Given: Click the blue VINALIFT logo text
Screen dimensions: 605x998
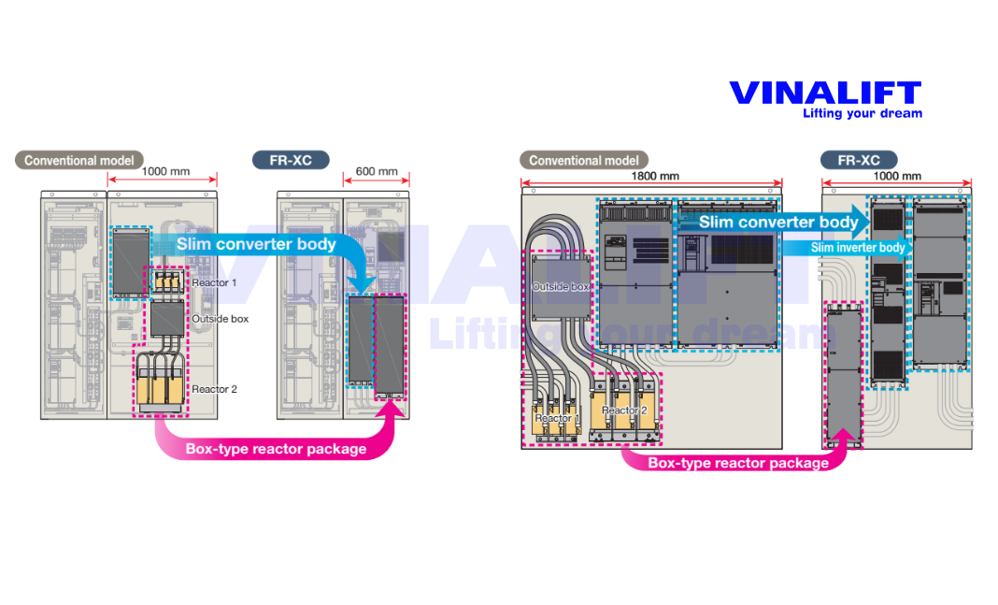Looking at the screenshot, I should tap(824, 94).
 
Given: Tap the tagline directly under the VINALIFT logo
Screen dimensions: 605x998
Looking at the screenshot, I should tap(862, 114).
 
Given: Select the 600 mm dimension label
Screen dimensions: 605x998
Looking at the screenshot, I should tap(376, 173).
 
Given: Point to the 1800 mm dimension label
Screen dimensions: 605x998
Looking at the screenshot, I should tap(655, 176).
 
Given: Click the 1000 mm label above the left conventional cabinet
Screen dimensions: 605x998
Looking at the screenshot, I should tap(165, 173).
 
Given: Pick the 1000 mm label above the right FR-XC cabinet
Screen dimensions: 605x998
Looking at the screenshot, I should tap(896, 176).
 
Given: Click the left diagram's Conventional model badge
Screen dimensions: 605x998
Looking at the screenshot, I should tap(79, 160).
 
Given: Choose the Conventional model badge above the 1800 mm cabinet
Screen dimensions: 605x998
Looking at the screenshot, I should tap(584, 160).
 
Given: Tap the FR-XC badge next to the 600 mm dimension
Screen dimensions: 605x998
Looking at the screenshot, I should tap(291, 160).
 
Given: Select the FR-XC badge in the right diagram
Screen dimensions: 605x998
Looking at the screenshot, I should tap(858, 160).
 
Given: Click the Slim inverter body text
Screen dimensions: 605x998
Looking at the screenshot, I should tap(857, 248).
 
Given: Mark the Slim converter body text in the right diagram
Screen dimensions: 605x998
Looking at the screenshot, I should tap(777, 223).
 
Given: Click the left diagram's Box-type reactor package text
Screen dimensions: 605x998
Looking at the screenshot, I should tap(276, 449).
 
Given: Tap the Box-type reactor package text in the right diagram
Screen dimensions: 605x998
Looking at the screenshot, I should tap(737, 463).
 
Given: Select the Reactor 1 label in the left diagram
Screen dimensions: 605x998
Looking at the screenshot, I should tap(214, 282).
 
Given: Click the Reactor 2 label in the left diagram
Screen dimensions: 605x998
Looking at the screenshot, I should tap(214, 389).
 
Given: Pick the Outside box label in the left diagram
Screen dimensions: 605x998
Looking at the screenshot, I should tap(221, 319).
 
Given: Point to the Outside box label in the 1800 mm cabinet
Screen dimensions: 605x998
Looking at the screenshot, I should tap(560, 287).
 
